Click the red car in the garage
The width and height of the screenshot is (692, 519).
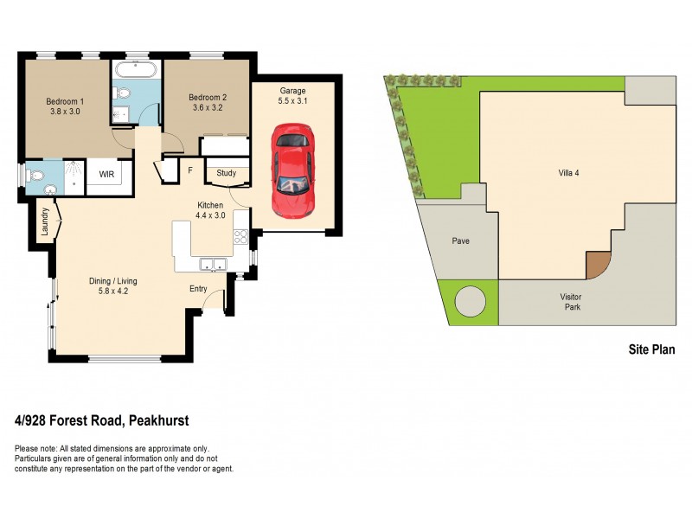[x=292, y=170]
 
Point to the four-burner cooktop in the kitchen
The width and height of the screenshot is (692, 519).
[x=240, y=235]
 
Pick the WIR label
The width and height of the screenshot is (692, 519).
[x=107, y=174]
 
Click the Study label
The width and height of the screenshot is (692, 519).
[x=227, y=173]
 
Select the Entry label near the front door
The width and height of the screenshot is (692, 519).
[x=198, y=290]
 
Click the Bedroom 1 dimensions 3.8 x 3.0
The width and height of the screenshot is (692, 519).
[x=62, y=111]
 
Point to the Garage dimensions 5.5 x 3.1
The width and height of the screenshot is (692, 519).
[x=293, y=101]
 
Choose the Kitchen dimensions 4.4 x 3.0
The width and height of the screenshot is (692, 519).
[x=210, y=215]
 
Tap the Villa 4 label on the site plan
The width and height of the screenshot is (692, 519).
[x=568, y=172]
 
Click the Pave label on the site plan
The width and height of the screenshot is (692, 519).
[x=460, y=240]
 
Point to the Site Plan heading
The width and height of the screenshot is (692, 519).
[x=650, y=350]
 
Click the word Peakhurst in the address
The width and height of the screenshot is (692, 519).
[x=159, y=421]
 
